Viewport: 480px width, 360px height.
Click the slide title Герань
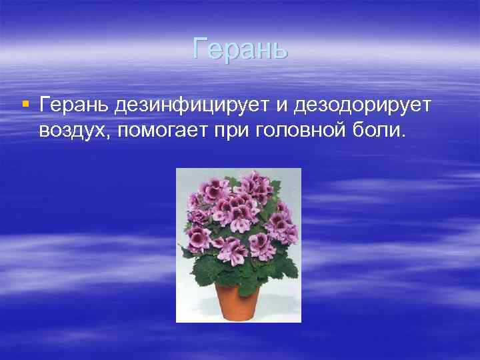(x=240, y=49)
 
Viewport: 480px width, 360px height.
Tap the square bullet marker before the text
(x=25, y=104)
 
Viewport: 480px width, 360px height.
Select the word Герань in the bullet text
(x=73, y=105)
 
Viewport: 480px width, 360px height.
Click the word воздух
(x=72, y=129)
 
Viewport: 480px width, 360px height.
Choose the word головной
(x=300, y=129)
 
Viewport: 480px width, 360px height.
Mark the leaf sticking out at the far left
(x=188, y=252)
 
